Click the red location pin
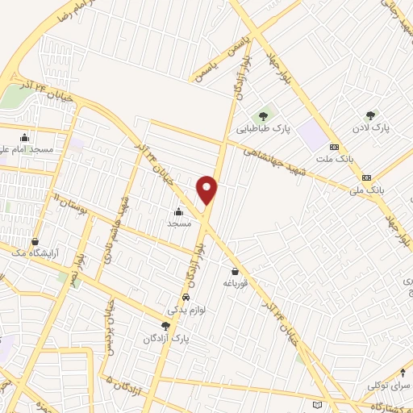point(208,190)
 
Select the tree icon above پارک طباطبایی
point(263,115)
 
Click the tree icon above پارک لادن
point(371,115)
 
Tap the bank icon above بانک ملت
point(334,147)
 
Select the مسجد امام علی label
point(27,150)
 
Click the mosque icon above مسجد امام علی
point(25,137)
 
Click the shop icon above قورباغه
point(235,272)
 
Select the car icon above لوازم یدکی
point(186,297)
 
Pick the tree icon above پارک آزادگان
point(165,326)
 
